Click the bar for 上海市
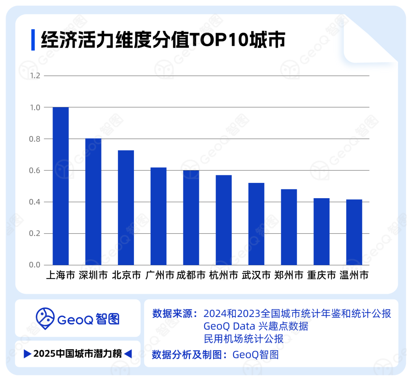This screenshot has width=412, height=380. pos(60,186)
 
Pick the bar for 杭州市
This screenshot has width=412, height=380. pos(224,220)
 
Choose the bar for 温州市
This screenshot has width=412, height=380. pos(354,232)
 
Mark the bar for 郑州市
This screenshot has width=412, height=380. pos(289,227)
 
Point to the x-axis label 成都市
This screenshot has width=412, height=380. pos(191,275)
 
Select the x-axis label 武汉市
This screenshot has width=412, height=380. pos(256,275)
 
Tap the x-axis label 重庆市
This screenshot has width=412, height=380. pos(322,275)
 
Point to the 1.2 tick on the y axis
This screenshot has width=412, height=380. pos(35,76)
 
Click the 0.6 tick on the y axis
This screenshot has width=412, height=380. pos(35,170)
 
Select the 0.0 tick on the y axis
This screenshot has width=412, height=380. pos(35,265)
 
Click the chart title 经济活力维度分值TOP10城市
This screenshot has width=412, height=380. pos(163,40)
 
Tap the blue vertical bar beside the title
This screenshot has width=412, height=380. pos(33,40)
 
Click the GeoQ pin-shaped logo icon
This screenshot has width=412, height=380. pos(45,319)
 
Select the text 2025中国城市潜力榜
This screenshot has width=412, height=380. pos(78,354)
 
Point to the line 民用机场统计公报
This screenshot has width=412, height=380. pos(243,339)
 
